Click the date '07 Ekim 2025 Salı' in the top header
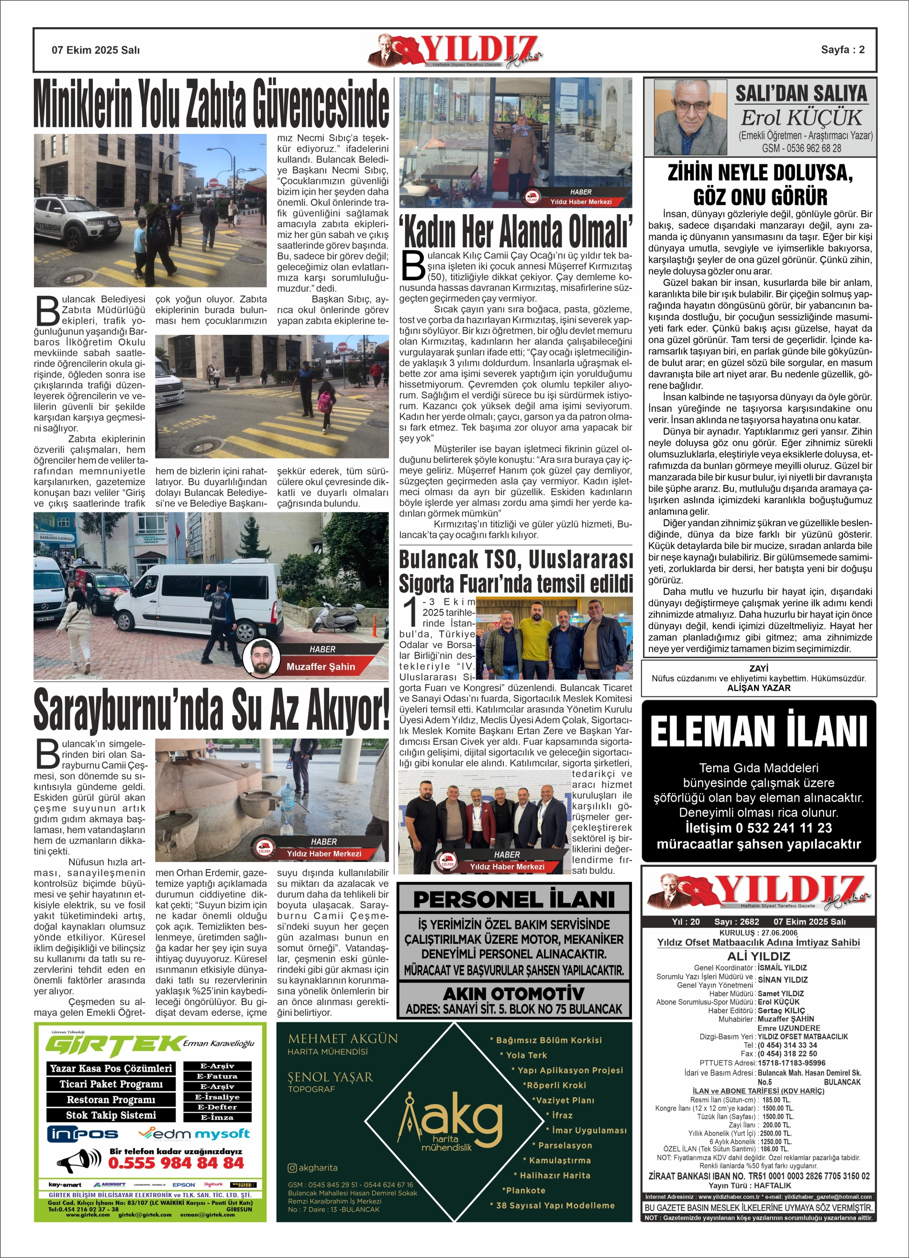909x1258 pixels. click(96, 50)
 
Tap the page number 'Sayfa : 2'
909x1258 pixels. click(842, 50)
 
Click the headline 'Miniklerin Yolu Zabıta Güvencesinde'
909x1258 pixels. click(211, 104)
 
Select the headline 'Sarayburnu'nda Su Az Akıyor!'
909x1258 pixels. click(211, 710)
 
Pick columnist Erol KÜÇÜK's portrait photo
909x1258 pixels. click(690, 118)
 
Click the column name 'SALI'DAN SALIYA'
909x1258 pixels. click(801, 93)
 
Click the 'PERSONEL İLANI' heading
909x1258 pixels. click(514, 899)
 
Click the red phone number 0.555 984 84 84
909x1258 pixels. click(176, 1163)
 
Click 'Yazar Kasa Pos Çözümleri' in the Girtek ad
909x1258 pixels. click(111, 1068)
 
